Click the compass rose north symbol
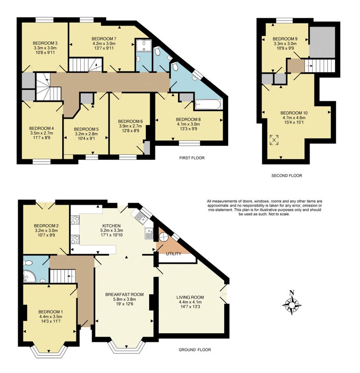292,303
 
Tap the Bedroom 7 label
104,39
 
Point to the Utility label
173,254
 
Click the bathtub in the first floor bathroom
208,104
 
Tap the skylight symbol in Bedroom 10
274,139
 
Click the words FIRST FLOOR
192,158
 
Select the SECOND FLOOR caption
286,176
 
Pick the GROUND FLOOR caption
194,349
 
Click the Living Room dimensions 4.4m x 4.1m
190,302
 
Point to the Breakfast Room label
125,295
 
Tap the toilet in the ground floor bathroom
28,263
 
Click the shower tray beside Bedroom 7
144,45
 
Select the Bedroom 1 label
51,312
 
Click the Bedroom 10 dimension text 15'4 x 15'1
294,122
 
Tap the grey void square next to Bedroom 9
322,42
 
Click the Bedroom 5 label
86,129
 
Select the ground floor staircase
62,276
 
